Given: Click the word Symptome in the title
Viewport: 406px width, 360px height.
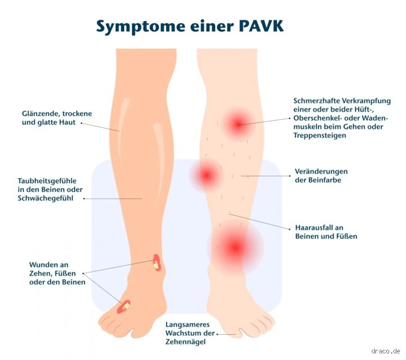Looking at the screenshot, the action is [x=140, y=27].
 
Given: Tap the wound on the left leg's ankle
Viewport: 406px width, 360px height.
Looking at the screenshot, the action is [x=157, y=263].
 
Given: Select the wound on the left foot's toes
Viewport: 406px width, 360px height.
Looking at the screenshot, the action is [x=124, y=307].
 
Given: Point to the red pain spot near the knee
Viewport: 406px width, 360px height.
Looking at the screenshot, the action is [x=238, y=124].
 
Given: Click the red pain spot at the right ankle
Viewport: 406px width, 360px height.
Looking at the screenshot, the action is [x=235, y=247].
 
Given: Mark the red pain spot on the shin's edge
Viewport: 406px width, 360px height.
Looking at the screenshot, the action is [x=206, y=175].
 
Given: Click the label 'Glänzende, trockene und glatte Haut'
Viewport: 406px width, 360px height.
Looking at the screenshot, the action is [x=57, y=118].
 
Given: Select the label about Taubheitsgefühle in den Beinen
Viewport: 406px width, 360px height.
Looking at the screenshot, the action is [x=50, y=190].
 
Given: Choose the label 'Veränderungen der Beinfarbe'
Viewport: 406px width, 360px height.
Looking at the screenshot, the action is [x=321, y=176].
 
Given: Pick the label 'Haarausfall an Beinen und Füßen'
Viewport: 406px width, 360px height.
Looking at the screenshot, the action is [x=326, y=232].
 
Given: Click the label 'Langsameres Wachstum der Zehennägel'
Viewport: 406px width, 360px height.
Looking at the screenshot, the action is [x=190, y=333].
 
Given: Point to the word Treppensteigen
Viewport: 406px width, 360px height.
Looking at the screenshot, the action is [x=320, y=135].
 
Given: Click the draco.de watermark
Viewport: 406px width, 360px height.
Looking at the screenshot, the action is [x=386, y=351].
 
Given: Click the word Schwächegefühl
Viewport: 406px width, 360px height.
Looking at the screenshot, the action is [x=46, y=198].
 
